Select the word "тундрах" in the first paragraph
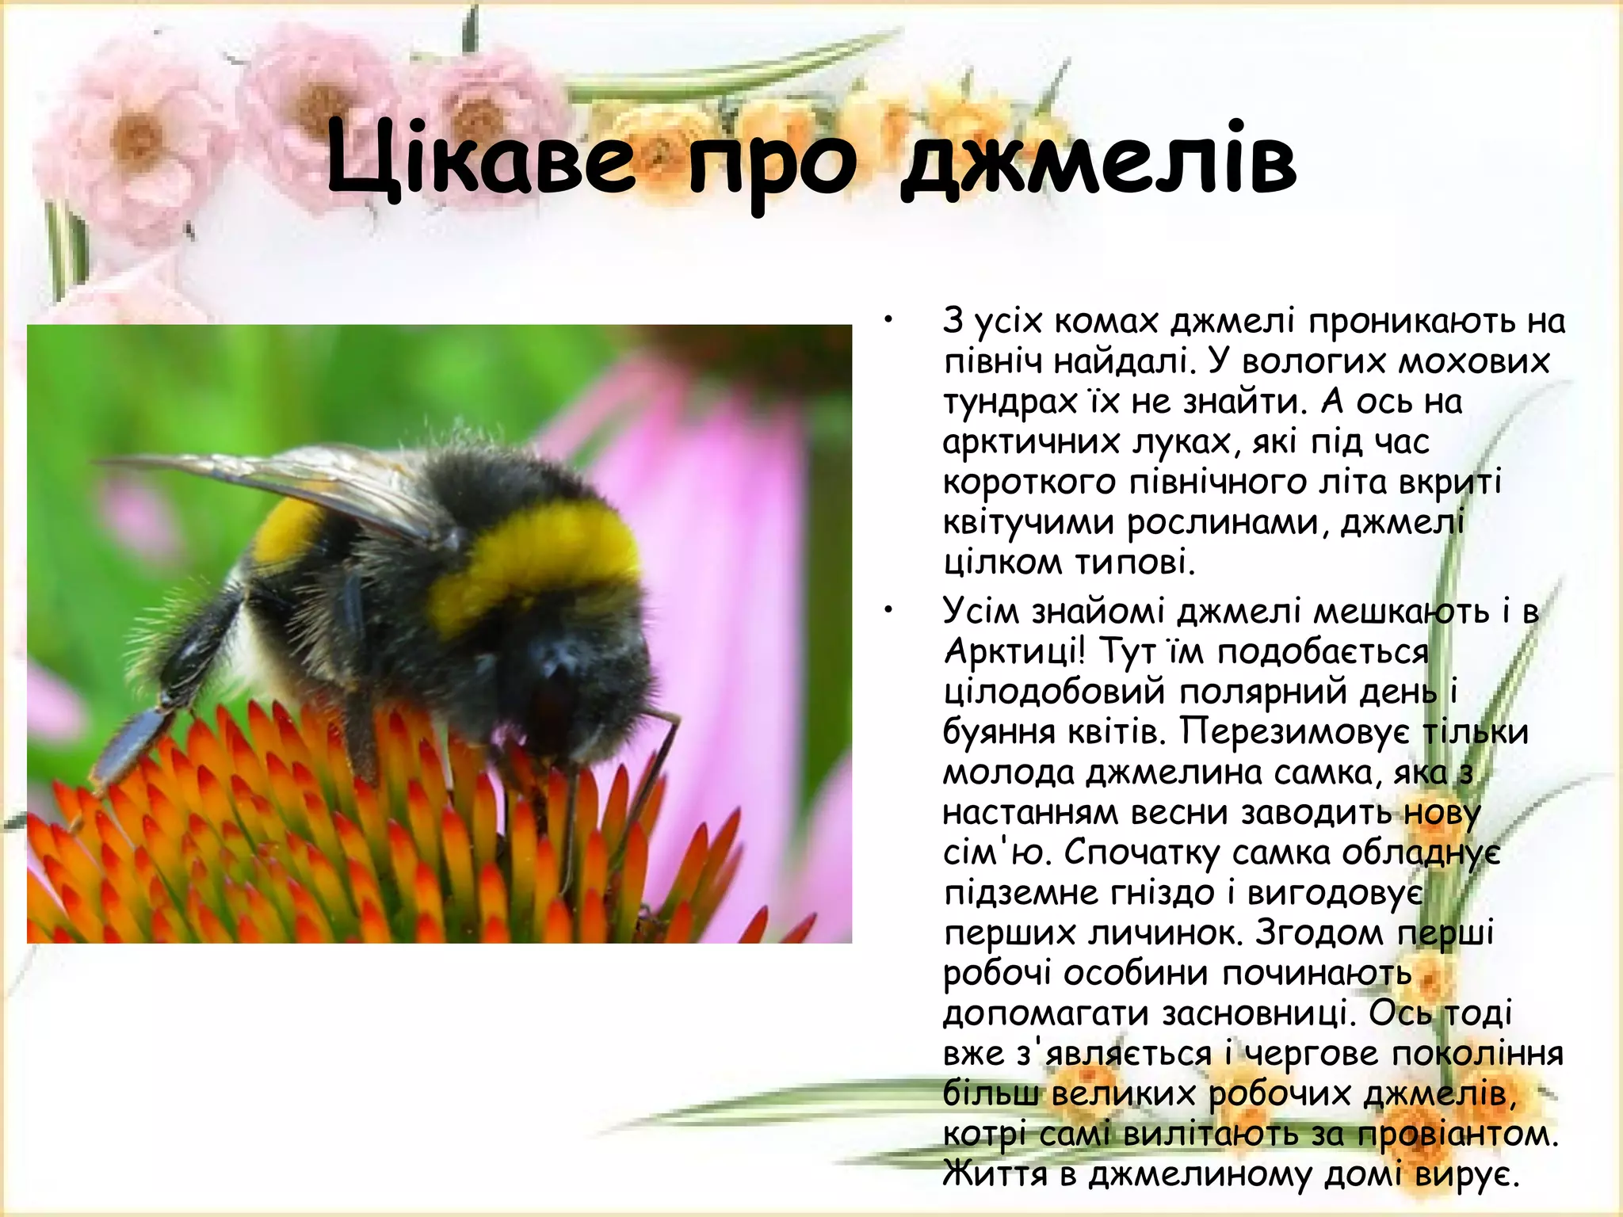tap(1010, 402)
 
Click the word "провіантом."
tap(1458, 1134)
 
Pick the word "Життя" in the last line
tap(995, 1173)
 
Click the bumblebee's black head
tap(571, 673)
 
